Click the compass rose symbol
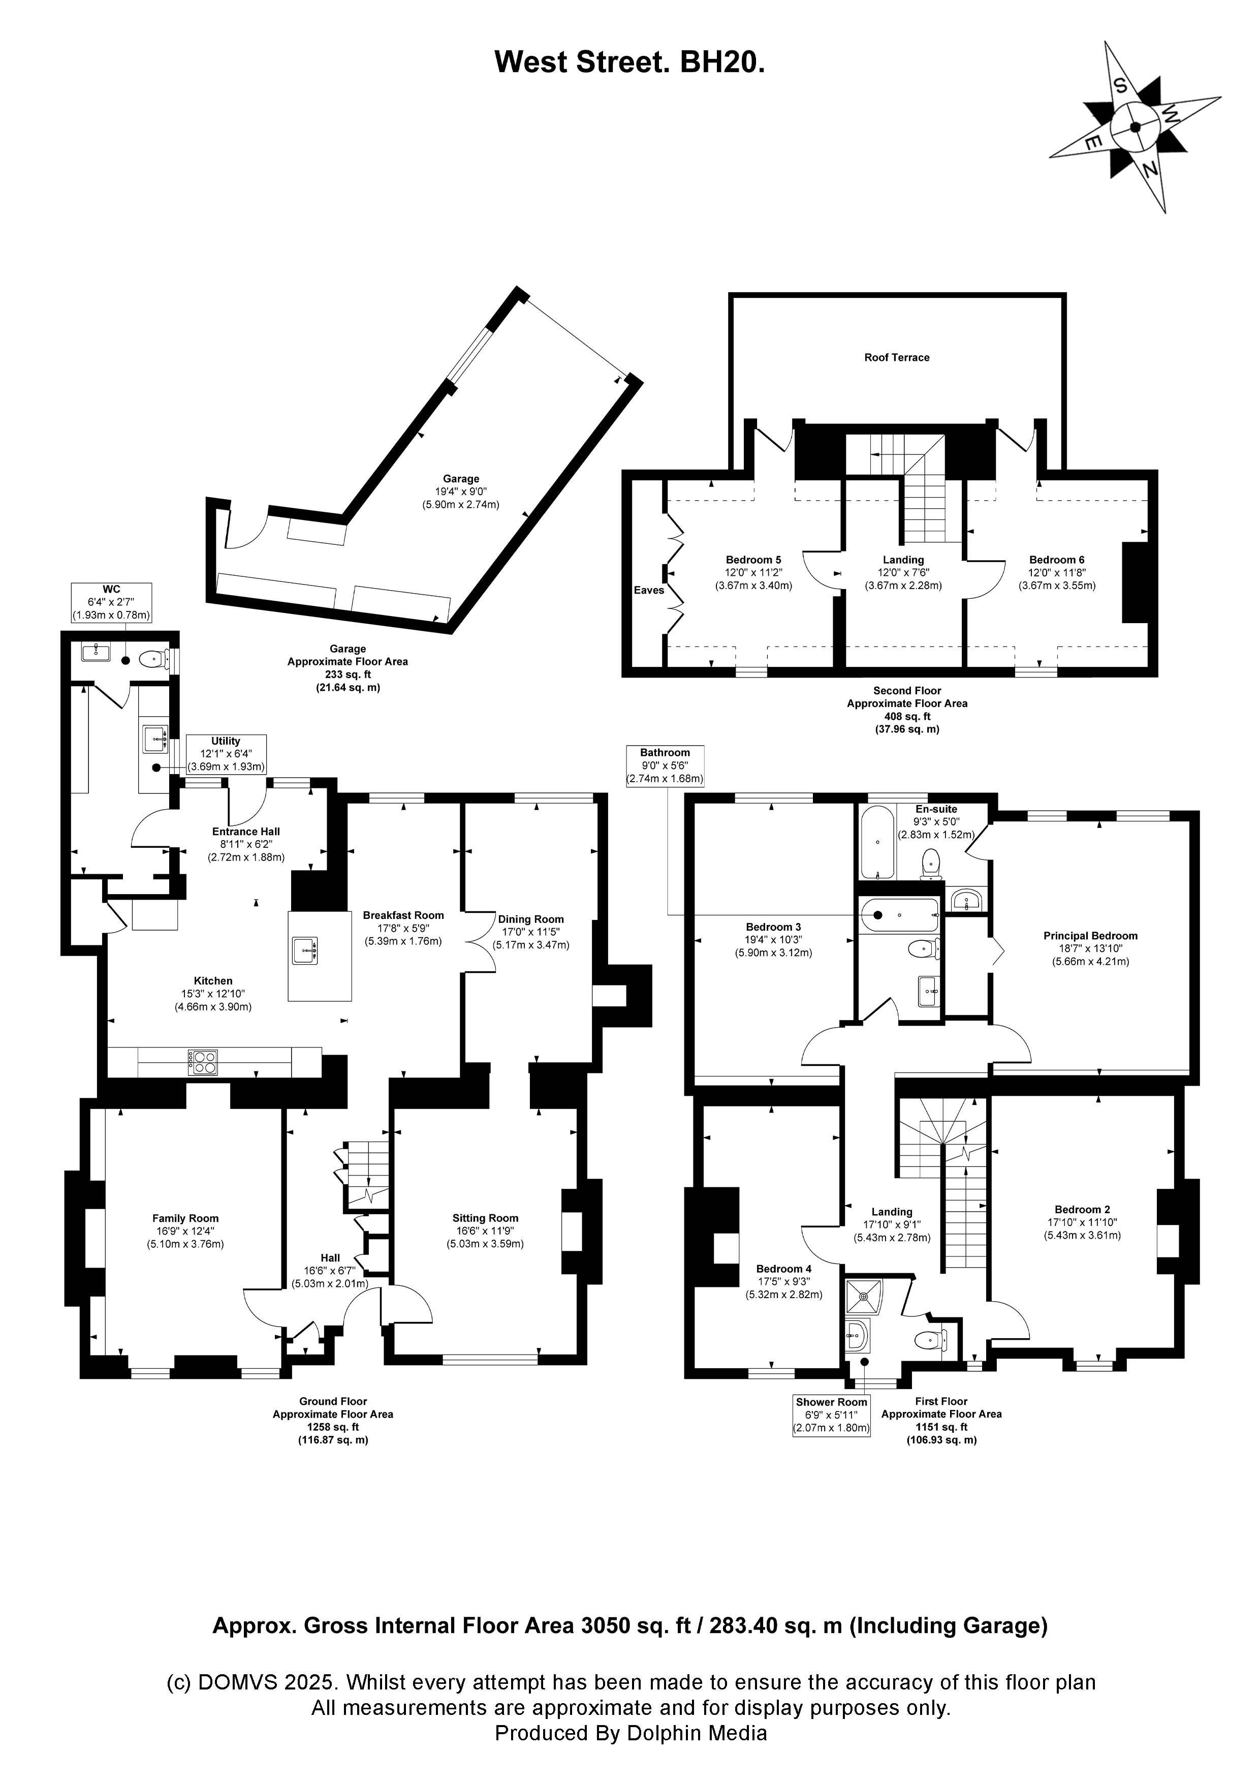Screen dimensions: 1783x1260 coord(1135,127)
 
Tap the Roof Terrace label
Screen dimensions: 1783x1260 coord(897,358)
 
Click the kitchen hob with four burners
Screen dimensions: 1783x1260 coord(203,1062)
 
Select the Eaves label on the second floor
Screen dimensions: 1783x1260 coord(649,590)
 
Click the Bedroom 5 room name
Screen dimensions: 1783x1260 coord(753,559)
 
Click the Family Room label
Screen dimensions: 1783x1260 coord(185,1218)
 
